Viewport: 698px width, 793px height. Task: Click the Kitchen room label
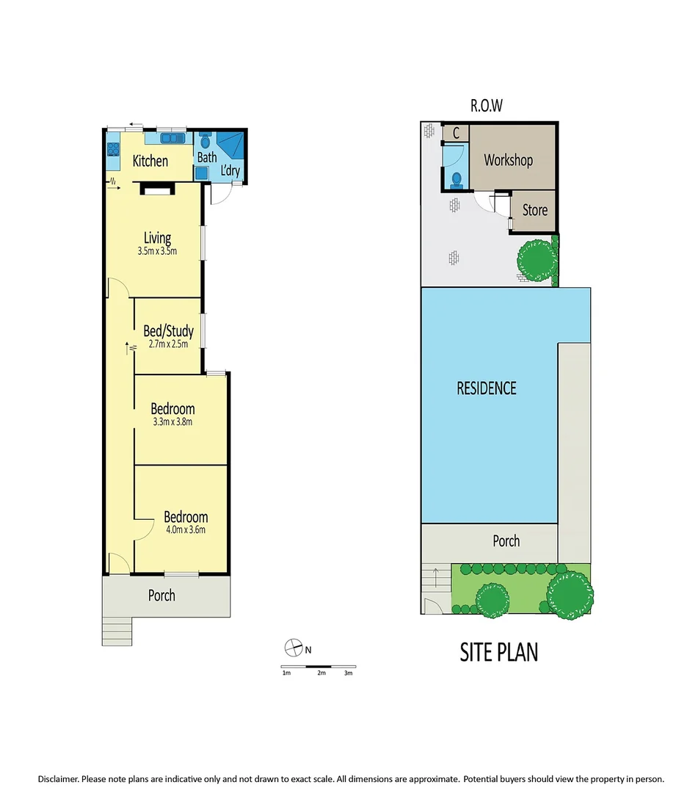150,161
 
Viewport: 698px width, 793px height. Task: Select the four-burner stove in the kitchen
114,149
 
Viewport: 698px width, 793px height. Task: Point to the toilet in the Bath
204,139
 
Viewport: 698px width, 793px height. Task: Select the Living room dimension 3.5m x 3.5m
157,251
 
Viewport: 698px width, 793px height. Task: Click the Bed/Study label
168,331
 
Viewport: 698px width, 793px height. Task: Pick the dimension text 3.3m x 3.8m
172,422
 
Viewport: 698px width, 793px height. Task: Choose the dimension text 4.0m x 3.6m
185,530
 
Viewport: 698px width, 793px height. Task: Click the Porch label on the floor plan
161,595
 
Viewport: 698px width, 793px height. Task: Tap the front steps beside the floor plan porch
116,631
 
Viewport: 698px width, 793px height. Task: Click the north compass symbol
294,648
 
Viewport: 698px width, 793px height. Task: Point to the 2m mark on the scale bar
321,673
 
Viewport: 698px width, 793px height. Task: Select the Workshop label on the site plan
508,160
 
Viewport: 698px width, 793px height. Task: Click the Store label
534,210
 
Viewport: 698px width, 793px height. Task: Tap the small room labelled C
456,134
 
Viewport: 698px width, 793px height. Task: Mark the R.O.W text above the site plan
487,106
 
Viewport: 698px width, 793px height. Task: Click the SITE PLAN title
499,651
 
